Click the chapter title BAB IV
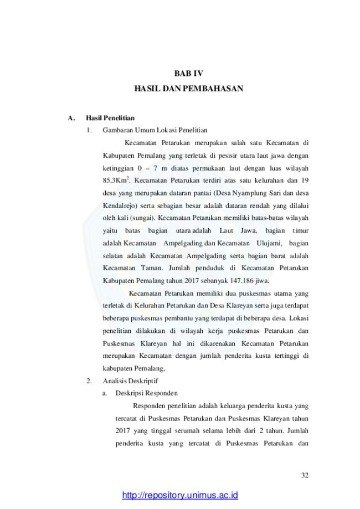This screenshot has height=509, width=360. click(189, 73)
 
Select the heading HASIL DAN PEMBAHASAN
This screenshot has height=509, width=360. click(189, 89)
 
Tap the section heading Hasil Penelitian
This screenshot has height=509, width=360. click(110, 118)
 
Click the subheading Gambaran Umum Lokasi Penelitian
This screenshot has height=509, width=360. click(155, 130)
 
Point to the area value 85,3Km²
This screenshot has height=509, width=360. click(116, 180)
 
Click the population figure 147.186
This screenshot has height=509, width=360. click(242, 280)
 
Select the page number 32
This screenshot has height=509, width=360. click(305, 475)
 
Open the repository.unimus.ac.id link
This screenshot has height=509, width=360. click(180, 495)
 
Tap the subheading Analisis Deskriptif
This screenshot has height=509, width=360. click(130, 381)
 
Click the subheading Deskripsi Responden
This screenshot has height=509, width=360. click(146, 393)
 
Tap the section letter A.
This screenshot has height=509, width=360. click(71, 118)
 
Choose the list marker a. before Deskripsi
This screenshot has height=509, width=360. click(105, 393)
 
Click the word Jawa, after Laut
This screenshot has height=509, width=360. click(249, 231)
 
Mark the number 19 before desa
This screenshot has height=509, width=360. click(305, 181)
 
